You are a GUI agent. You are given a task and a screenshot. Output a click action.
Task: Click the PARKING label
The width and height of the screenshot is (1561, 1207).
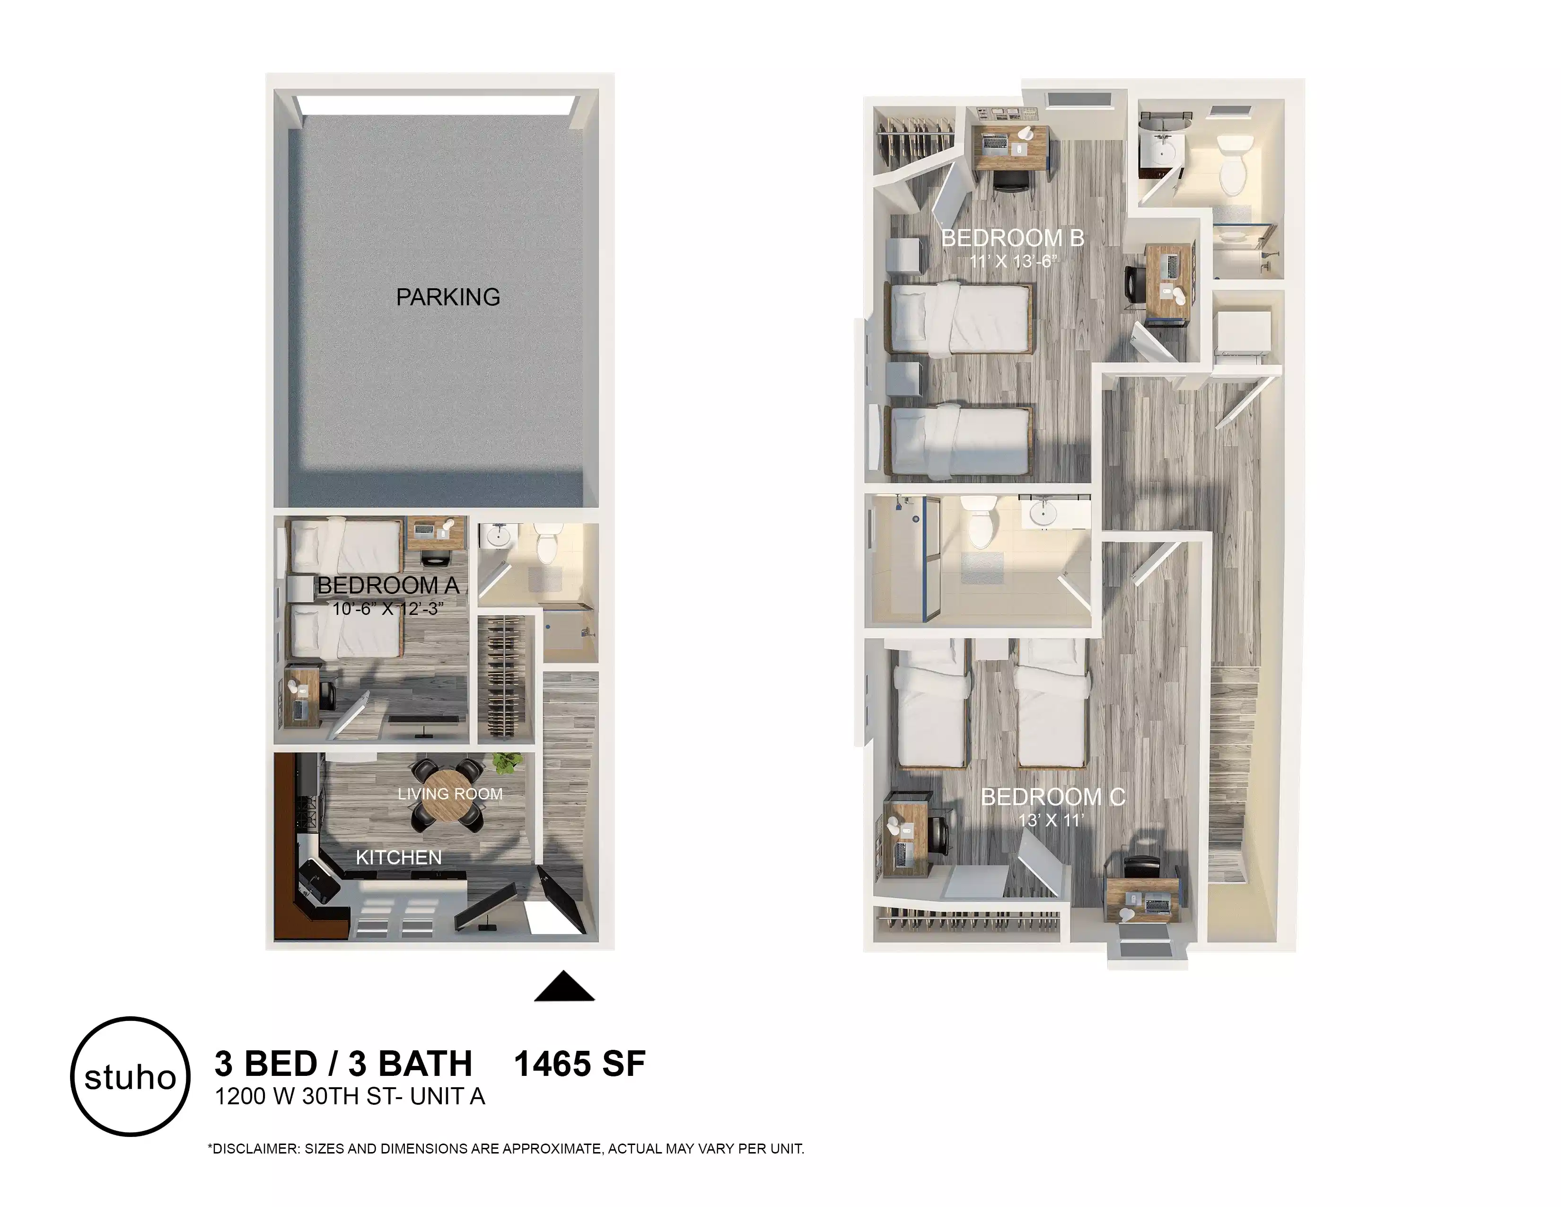click(x=447, y=297)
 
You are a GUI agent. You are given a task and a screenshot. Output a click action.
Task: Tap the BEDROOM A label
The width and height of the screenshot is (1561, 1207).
click(x=388, y=586)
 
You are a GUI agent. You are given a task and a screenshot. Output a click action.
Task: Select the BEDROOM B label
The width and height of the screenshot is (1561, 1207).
click(x=1012, y=238)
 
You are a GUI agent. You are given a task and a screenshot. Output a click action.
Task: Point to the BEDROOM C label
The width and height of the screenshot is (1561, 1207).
click(x=1052, y=797)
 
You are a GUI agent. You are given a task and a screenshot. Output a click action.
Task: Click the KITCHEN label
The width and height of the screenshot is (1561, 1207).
click(x=398, y=857)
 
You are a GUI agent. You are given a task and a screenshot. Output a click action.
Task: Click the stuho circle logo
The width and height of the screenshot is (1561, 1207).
click(x=130, y=1076)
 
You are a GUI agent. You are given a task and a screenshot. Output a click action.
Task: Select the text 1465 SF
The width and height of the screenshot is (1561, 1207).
click(x=579, y=1064)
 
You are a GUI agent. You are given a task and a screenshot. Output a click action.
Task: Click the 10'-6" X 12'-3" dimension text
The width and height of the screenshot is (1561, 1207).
click(x=388, y=609)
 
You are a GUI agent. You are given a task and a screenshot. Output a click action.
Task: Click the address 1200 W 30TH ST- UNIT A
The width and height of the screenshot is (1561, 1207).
click(x=350, y=1096)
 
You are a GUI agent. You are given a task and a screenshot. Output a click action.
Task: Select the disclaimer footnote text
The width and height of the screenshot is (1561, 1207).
click(x=505, y=1149)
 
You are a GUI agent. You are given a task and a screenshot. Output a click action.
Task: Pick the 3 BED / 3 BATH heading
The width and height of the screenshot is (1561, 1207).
click(x=343, y=1064)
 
